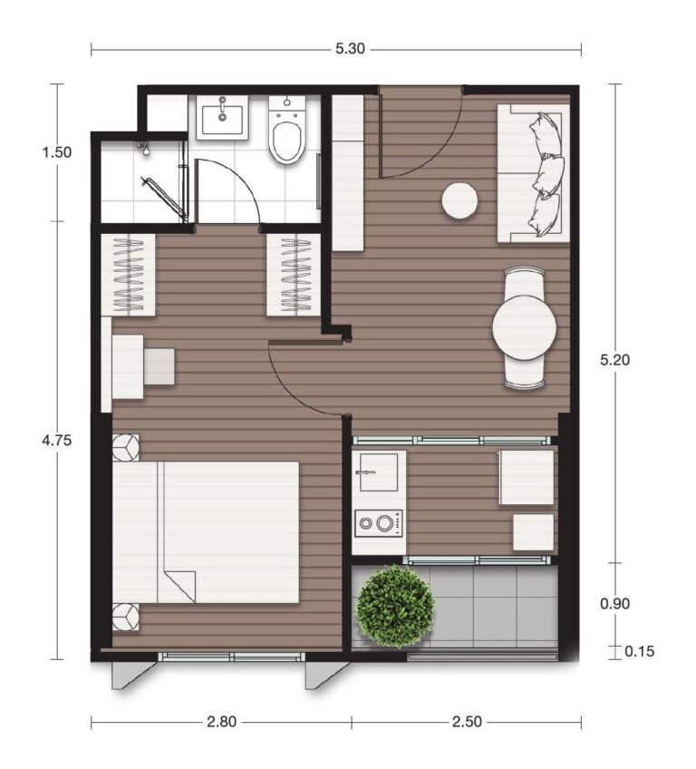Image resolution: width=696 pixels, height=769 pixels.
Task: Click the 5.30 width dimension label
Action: tap(350, 49)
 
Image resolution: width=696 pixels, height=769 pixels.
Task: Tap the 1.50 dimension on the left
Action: tap(57, 152)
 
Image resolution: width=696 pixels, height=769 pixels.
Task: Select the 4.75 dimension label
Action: tap(57, 440)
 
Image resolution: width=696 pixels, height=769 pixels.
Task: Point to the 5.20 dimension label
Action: tap(614, 360)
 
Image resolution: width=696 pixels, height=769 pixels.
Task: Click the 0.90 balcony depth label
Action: tap(614, 603)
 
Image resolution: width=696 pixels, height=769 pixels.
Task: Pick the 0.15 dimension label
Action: tap(640, 651)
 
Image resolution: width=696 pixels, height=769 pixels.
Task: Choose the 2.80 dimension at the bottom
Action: tap(221, 722)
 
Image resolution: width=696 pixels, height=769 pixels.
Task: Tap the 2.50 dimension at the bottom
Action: tap(467, 722)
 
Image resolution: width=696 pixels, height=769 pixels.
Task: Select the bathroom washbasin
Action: tap(222, 117)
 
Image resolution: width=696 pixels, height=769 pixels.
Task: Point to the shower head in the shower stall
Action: tap(144, 148)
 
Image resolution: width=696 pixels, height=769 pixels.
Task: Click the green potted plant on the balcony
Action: tap(394, 606)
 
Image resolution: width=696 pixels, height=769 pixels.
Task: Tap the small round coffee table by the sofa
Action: tap(459, 200)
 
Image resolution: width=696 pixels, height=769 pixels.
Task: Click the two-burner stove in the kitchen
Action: tap(380, 523)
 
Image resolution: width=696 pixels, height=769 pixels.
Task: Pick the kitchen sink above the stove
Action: tap(379, 472)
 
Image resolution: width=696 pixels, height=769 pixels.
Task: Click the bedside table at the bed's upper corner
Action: tap(126, 447)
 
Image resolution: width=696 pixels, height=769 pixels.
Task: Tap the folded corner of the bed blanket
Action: tap(179, 587)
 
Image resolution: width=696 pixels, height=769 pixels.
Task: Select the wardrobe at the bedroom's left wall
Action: tap(129, 275)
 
